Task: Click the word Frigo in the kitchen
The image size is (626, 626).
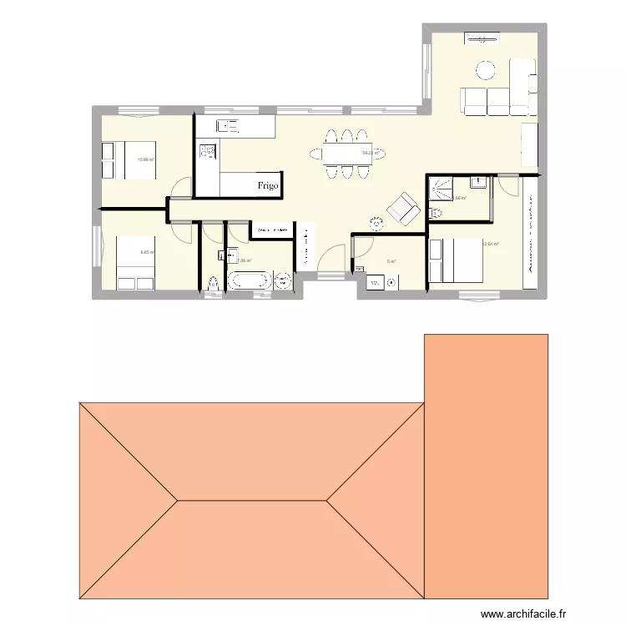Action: (267, 185)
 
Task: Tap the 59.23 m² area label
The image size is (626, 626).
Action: (371, 153)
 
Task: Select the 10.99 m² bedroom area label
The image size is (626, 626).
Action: (147, 159)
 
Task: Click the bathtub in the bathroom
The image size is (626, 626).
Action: (250, 280)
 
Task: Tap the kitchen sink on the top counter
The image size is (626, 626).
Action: (228, 126)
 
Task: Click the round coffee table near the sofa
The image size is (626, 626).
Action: (486, 69)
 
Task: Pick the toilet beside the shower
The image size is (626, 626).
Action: (435, 214)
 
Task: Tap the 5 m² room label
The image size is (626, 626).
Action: (391, 260)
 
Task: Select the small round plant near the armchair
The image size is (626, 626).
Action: (376, 223)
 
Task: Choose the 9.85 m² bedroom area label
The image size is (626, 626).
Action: (146, 252)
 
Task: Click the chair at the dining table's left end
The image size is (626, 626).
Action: (314, 154)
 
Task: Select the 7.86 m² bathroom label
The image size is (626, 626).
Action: (244, 260)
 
